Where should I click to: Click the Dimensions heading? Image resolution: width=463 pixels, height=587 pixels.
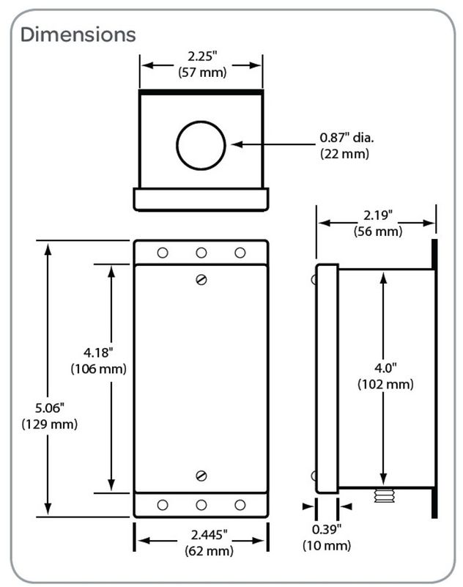click(x=78, y=34)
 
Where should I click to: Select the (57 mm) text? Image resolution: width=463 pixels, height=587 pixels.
click(x=201, y=72)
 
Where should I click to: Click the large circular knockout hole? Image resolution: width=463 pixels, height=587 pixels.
click(x=201, y=144)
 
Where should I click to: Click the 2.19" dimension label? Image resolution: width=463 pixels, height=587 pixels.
click(x=377, y=215)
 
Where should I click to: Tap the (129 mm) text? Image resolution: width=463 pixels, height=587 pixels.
click(x=49, y=424)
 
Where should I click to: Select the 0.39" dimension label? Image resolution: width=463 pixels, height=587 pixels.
click(x=327, y=530)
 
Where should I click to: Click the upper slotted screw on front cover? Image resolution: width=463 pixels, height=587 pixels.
click(x=201, y=278)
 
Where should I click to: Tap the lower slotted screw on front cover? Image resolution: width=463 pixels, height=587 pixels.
click(x=201, y=476)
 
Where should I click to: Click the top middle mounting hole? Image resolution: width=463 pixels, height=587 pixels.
click(x=201, y=253)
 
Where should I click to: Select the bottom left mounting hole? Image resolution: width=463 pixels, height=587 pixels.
click(x=163, y=505)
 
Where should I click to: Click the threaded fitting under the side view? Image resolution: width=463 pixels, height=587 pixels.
click(x=382, y=496)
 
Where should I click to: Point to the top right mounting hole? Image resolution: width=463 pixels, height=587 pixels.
click(x=240, y=253)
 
